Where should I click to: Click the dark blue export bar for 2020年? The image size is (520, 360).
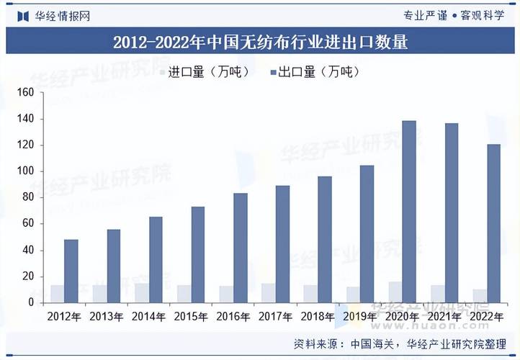coord(409,212)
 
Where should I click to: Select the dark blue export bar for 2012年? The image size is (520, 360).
coord(71,271)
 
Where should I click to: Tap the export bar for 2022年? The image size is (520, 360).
coord(493,223)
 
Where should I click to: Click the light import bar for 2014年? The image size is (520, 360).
coord(141,293)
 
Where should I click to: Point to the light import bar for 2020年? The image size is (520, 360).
coord(395,292)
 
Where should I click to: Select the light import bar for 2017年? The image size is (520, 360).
coord(268,293)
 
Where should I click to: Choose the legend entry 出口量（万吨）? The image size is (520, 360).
coord(313,71)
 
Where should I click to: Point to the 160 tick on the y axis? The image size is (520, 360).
coord(26,92)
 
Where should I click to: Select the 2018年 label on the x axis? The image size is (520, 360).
coord(317,316)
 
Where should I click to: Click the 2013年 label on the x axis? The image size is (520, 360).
coord(106,316)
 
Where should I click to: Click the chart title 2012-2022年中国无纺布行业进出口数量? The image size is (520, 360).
coord(260,42)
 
